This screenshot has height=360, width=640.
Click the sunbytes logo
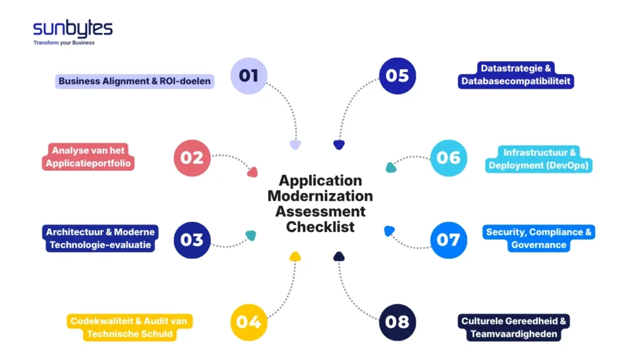pyautogui.click(x=72, y=29)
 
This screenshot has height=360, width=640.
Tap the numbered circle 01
pyautogui.click(x=249, y=76)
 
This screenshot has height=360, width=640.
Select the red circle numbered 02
pyautogui.click(x=192, y=157)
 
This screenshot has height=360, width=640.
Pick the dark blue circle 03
pyautogui.click(x=192, y=240)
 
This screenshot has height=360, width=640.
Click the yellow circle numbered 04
pyautogui.click(x=249, y=322)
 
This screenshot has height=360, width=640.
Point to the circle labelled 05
pyautogui.click(x=397, y=76)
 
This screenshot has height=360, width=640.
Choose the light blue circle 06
pyautogui.click(x=449, y=157)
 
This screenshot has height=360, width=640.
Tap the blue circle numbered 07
pyautogui.click(x=449, y=240)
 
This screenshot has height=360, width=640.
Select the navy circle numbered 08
pyautogui.click(x=397, y=322)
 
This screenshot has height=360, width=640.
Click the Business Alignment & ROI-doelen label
pyautogui.click(x=135, y=81)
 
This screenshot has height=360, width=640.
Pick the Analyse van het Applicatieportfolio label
pyautogui.click(x=89, y=157)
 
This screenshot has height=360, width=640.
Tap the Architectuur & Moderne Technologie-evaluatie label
pyautogui.click(x=100, y=239)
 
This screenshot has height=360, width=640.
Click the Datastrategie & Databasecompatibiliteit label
pyautogui.click(x=516, y=75)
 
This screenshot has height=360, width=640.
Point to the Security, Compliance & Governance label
pyautogui.click(x=539, y=239)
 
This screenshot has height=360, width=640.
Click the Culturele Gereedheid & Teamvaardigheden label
pyautogui.click(x=514, y=327)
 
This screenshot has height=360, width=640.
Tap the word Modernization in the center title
pyautogui.click(x=320, y=196)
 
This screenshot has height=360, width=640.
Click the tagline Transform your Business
pyautogui.click(x=64, y=43)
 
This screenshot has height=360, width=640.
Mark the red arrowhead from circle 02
pyautogui.click(x=252, y=172)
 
